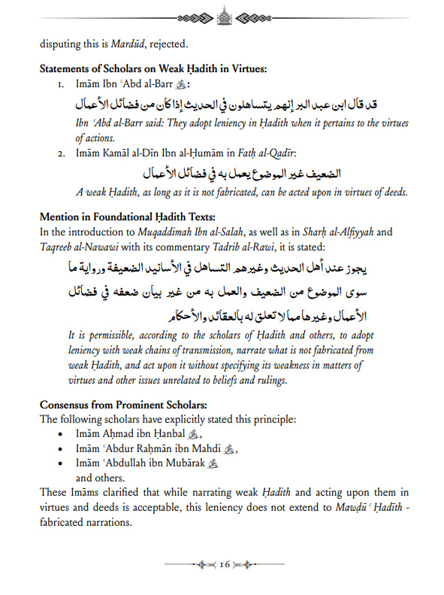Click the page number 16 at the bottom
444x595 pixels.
(x=224, y=564)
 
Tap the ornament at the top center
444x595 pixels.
(x=222, y=14)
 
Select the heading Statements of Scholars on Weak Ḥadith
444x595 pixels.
(x=153, y=69)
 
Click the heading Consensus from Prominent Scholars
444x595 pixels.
(x=116, y=405)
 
